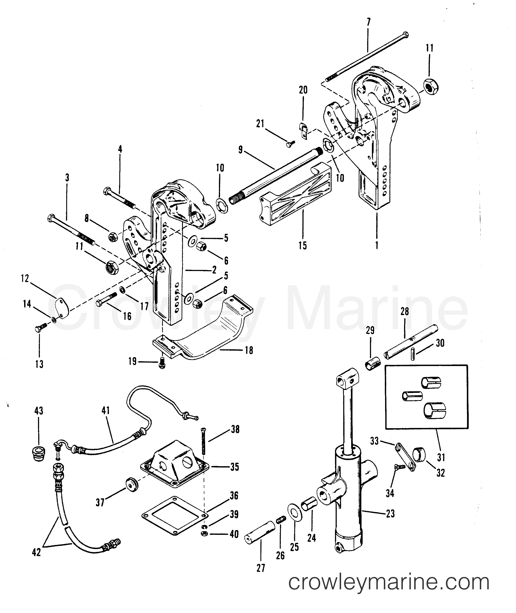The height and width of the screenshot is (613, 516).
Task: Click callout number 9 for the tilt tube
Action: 241,150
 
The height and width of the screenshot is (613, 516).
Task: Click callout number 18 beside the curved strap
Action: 249,350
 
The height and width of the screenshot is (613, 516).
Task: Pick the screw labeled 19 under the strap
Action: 162,364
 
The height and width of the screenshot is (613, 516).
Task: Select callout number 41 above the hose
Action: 106,410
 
